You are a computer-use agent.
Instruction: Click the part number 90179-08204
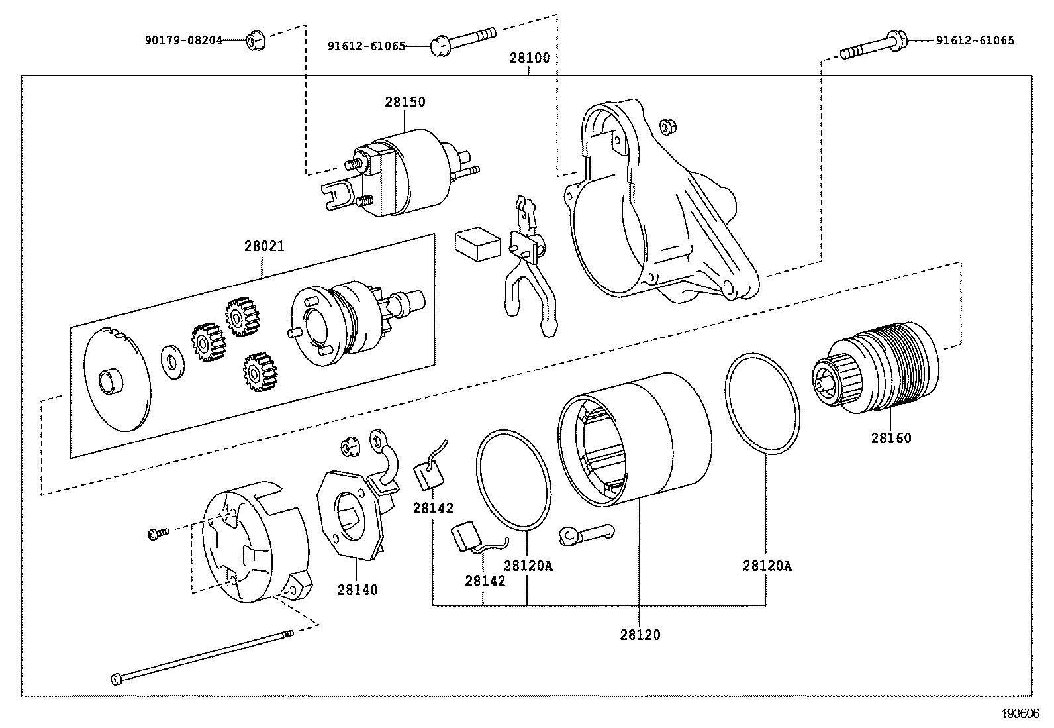tap(183, 40)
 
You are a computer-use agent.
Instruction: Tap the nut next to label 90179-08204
tap(253, 42)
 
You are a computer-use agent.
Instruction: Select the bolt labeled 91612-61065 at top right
tap(873, 47)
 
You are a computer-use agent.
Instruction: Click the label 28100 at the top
tap(529, 58)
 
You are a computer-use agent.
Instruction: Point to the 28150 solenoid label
tap(405, 103)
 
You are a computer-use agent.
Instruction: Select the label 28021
tap(264, 246)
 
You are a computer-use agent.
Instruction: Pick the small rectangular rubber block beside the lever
tap(477, 242)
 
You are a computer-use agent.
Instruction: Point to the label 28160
tap(890, 438)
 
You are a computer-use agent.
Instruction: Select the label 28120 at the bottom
tap(640, 635)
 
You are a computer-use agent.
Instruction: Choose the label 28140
tap(358, 590)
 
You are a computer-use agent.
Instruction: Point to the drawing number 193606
tap(1020, 713)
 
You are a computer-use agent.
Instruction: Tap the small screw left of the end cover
tap(158, 532)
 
